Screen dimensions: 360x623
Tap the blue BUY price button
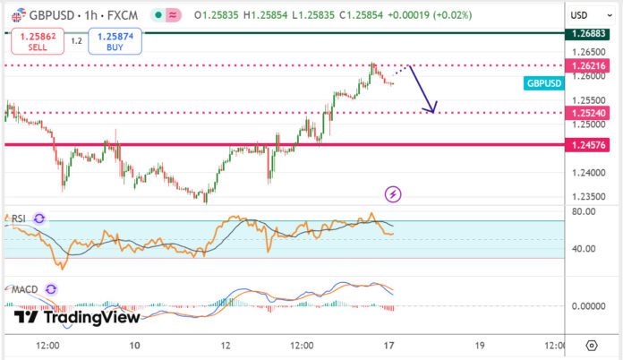(x=109, y=42)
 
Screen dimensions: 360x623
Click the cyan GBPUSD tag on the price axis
(x=544, y=83)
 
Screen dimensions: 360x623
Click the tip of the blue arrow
(x=433, y=113)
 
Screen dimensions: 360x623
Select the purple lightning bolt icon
(x=393, y=193)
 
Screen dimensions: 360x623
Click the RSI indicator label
(x=17, y=219)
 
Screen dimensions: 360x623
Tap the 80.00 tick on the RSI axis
(x=583, y=212)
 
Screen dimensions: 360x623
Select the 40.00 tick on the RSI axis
(x=583, y=249)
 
